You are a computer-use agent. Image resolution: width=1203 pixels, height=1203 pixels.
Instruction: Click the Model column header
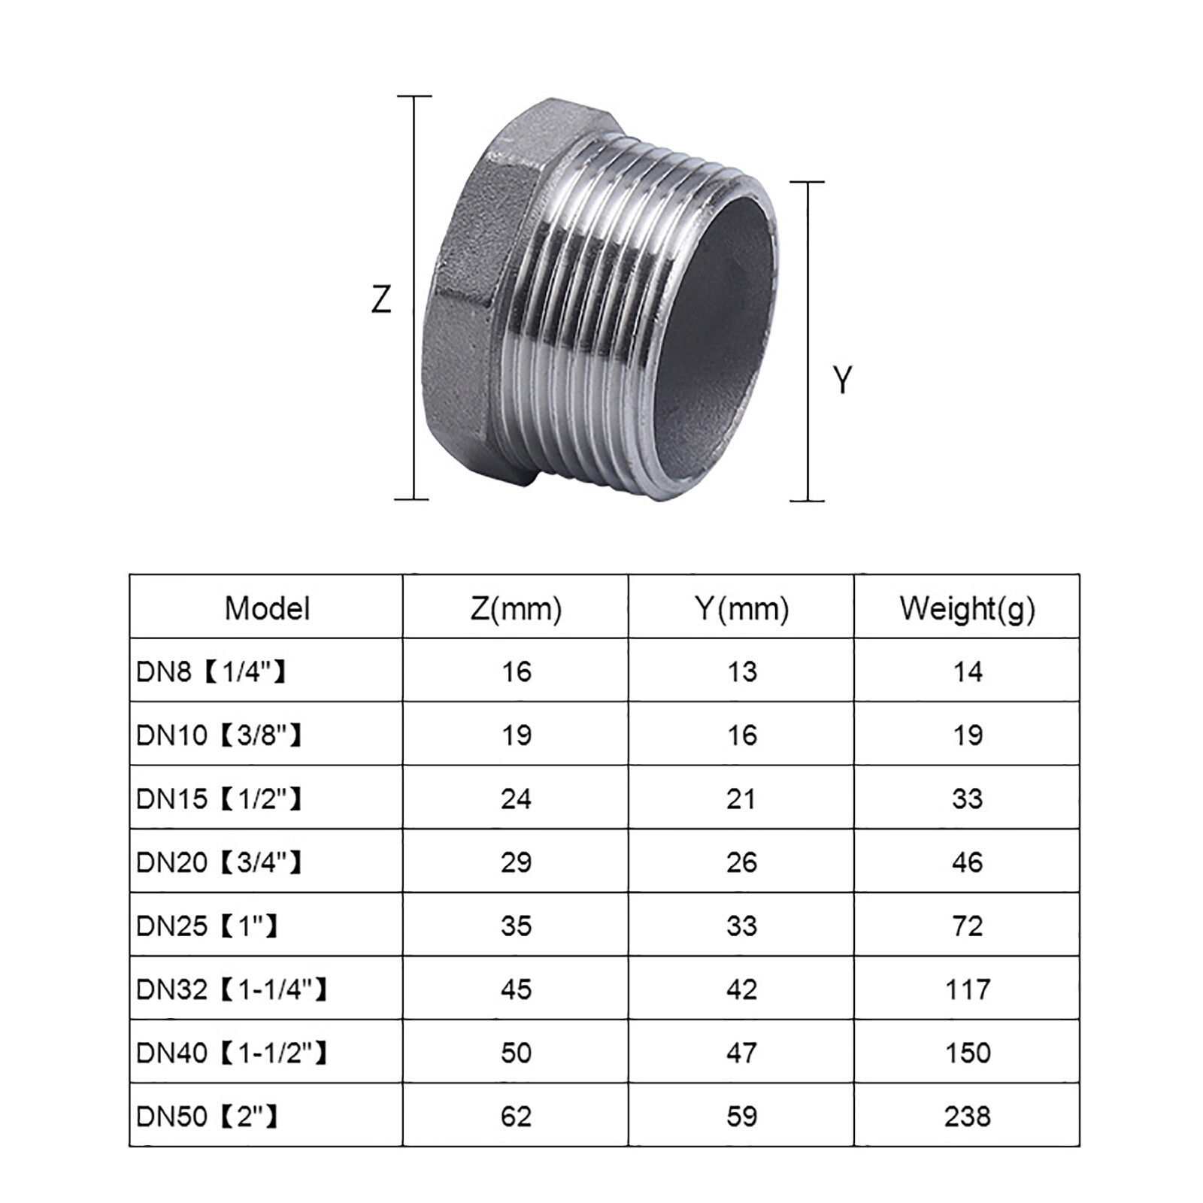[267, 608]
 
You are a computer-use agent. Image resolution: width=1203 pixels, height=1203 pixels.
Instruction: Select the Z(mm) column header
[516, 608]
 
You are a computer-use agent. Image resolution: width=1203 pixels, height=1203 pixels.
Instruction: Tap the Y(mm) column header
[741, 608]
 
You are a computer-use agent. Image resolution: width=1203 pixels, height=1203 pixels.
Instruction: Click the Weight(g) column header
[967, 608]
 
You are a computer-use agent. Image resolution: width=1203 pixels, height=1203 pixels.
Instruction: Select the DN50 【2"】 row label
[207, 1117]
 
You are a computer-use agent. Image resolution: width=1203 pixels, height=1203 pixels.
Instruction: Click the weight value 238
[967, 1117]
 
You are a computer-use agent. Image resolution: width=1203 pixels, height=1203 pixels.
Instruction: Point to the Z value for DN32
[516, 989]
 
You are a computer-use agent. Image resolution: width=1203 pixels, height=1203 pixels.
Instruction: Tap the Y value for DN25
[741, 926]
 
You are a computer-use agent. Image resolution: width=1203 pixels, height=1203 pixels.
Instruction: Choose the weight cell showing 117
[967, 989]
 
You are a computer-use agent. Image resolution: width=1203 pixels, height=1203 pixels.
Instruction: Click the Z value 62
[516, 1117]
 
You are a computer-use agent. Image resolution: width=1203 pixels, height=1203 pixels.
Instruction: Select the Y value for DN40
[741, 1053]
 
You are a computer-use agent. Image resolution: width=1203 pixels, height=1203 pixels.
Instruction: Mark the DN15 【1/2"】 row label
[219, 798]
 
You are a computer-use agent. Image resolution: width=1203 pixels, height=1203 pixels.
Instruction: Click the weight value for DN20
[967, 862]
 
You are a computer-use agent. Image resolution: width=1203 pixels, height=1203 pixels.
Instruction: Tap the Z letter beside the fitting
[381, 300]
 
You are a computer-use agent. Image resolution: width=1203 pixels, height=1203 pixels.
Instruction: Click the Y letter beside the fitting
[843, 380]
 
